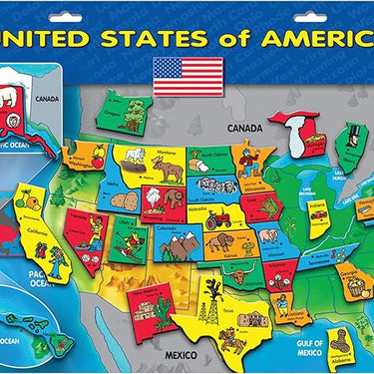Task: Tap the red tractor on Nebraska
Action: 221,211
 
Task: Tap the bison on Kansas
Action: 219,243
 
